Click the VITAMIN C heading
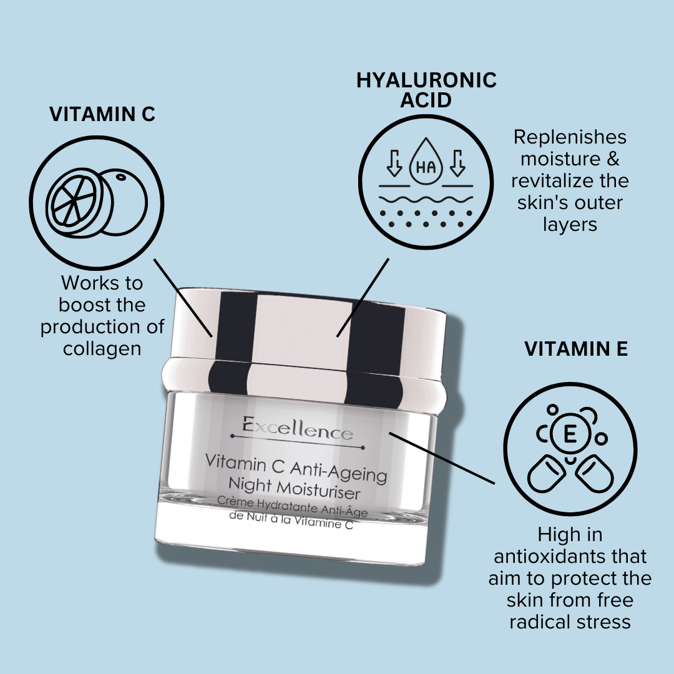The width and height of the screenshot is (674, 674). [102, 114]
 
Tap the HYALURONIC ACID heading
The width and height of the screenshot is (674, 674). [426, 89]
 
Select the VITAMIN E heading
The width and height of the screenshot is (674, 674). [575, 349]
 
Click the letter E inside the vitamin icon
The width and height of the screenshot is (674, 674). [570, 435]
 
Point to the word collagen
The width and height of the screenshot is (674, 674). [102, 348]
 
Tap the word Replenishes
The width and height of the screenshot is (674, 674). [570, 137]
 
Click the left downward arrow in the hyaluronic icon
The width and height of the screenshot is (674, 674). [394, 162]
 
